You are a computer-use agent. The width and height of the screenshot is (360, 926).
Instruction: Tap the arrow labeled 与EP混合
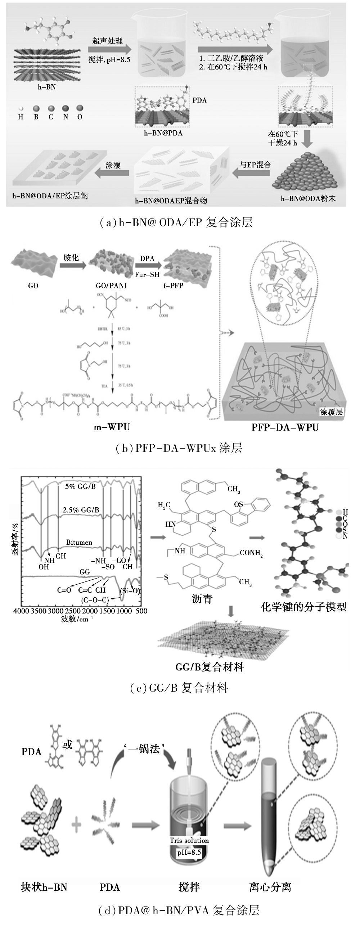pos(251,174)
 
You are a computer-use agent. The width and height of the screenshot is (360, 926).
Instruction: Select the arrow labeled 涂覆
pos(113,173)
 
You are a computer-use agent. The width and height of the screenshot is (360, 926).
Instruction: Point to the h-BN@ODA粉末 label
pos(308,198)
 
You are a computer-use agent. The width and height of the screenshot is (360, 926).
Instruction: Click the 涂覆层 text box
pos(332,412)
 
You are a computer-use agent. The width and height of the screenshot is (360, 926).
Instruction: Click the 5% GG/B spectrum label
pos(81,486)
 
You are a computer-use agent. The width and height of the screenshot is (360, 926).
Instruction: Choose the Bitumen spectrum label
pos(79,542)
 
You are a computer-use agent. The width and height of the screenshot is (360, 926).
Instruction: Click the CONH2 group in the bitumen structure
pos(251,553)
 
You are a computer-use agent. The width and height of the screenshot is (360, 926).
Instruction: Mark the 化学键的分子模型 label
pos(303,607)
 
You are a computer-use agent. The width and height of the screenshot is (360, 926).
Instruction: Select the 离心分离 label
pos(270,887)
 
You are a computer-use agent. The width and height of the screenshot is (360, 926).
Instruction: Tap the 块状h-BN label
pos(44,887)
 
